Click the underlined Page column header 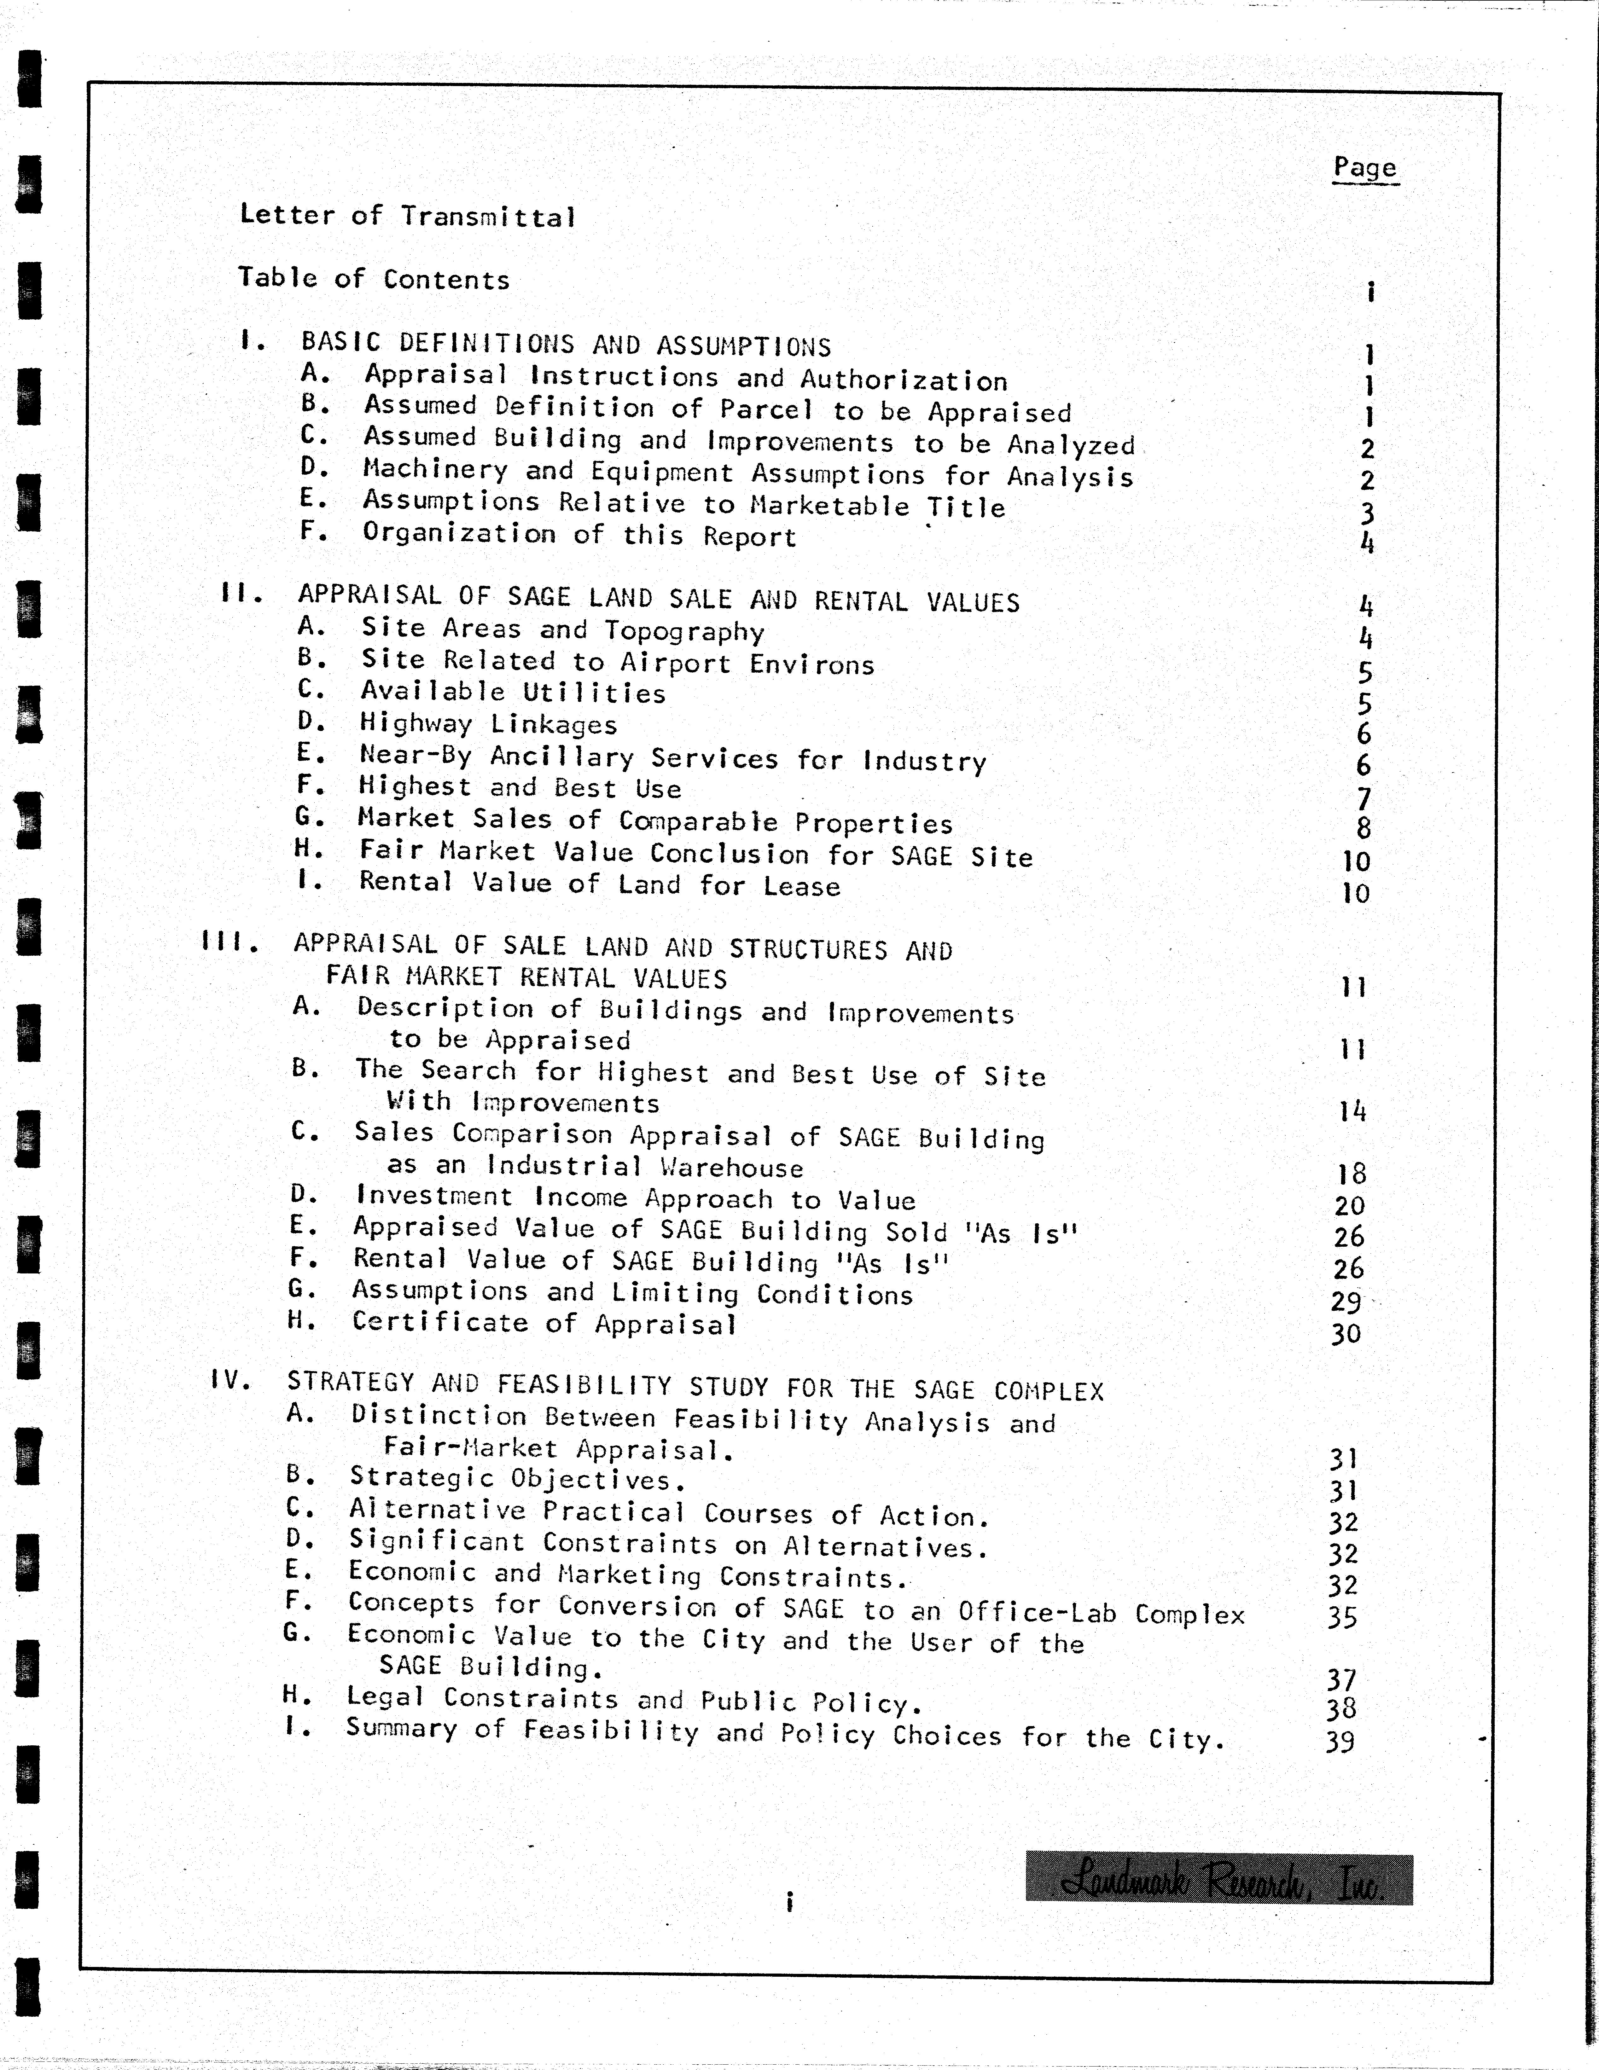[x=1365, y=168]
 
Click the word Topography [x=684, y=631]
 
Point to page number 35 [x=1342, y=1617]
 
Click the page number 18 [x=1351, y=1174]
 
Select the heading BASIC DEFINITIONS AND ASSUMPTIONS [x=566, y=345]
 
